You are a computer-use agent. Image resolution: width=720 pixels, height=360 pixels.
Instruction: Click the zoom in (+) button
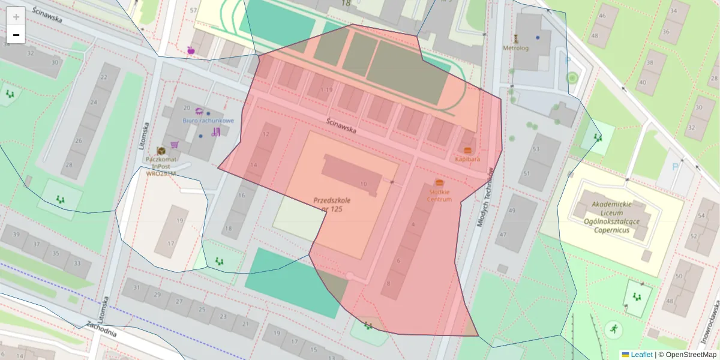pyautogui.click(x=16, y=16)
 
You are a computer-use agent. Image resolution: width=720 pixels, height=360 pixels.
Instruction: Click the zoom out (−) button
pyautogui.click(x=16, y=35)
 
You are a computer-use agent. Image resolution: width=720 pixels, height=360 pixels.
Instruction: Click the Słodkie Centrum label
pyautogui.click(x=439, y=195)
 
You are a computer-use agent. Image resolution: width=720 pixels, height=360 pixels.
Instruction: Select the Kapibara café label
pyautogui.click(x=467, y=159)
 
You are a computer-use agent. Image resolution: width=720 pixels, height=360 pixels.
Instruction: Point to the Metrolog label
pyautogui.click(x=515, y=48)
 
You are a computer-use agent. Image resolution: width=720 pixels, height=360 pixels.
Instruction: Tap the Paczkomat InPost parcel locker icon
pyautogui.click(x=161, y=151)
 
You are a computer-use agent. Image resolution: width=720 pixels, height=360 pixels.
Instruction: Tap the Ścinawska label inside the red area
pyautogui.click(x=341, y=124)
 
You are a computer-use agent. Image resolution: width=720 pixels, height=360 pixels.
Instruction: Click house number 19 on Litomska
pyautogui.click(x=179, y=221)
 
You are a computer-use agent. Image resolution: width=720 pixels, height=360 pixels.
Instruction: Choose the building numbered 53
pyautogui.click(x=536, y=149)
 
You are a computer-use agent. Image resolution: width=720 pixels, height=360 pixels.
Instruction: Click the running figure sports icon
pyautogui.click(x=613, y=328)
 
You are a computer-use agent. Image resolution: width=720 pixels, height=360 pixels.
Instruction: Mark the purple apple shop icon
pyautogui.click(x=191, y=50)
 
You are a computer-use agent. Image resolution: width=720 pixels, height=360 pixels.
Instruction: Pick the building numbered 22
pyautogui.click(x=103, y=77)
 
